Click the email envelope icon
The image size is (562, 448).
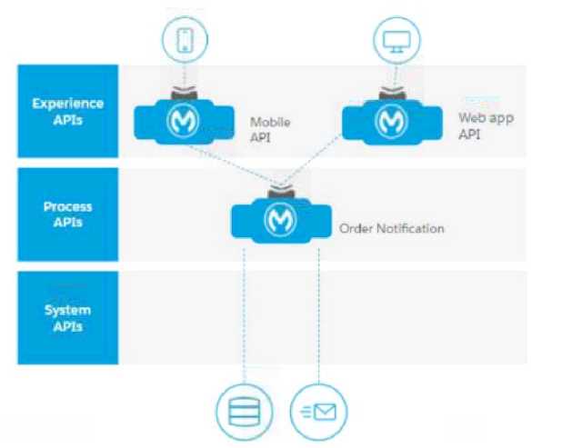tap(317, 411)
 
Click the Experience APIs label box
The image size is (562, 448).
tap(68, 111)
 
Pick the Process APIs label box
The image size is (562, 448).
tap(68, 214)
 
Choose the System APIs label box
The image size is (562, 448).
tap(68, 317)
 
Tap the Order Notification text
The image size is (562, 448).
tap(391, 228)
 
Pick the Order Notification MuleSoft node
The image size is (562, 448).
tap(279, 219)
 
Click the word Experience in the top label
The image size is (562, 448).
tap(68, 104)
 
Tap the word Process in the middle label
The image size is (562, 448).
tap(68, 207)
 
